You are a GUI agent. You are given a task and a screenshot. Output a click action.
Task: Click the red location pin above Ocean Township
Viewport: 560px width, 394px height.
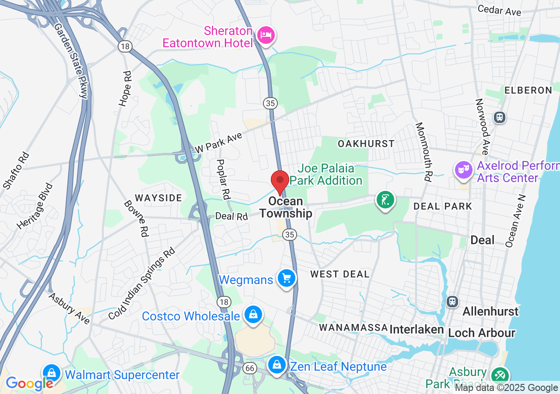pos(280,181)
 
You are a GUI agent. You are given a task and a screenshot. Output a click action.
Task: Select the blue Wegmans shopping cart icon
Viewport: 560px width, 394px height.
pos(287,278)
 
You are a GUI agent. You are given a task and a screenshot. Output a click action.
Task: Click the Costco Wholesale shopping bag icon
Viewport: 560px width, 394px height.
pos(253,314)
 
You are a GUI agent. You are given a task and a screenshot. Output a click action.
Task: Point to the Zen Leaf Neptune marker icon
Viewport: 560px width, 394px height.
pos(276,364)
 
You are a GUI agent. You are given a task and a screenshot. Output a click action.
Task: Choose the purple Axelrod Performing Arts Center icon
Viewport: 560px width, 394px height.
pos(464,169)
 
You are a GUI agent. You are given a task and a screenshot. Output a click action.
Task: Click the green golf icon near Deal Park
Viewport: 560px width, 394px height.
pos(385,200)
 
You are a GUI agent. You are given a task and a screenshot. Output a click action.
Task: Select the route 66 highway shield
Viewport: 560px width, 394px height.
pos(250,368)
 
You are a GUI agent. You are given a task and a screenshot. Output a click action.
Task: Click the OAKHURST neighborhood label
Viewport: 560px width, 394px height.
pos(366,144)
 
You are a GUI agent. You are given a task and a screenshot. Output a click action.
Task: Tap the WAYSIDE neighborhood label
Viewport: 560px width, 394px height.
pos(158,198)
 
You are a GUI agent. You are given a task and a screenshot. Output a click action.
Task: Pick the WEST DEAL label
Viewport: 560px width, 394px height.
pos(340,274)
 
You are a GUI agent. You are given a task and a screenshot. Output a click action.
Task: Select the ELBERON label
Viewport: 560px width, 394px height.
pos(528,90)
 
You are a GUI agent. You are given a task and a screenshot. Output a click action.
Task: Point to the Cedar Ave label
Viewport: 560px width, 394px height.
pos(500,10)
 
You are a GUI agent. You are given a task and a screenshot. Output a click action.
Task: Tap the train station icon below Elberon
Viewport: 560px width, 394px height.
pos(499,117)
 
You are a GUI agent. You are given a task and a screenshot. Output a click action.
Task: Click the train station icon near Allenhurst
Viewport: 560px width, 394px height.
pos(452,301)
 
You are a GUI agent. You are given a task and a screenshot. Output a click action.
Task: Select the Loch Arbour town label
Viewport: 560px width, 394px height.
pos(482,333)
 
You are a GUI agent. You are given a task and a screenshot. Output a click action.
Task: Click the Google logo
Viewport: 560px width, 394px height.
pos(30,383)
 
